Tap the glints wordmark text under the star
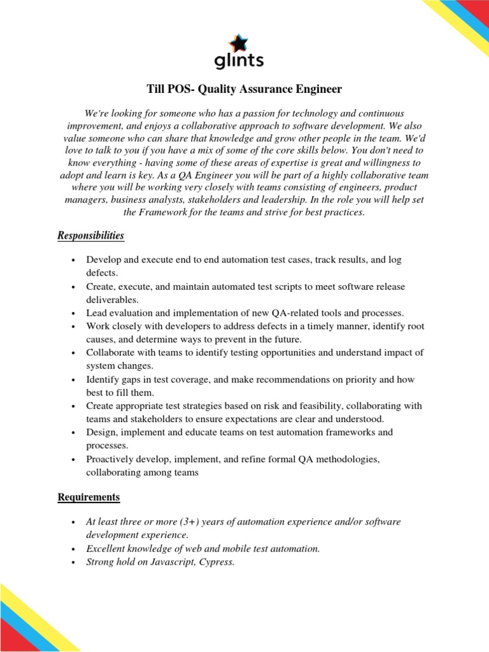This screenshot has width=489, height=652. coord(238,61)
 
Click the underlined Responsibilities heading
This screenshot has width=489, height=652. coord(90,236)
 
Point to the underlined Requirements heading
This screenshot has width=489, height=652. coord(89,496)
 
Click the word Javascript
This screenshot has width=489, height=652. coord(168,562)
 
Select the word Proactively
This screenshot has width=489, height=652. coord(112,459)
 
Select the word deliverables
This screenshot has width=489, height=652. coord(112,299)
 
